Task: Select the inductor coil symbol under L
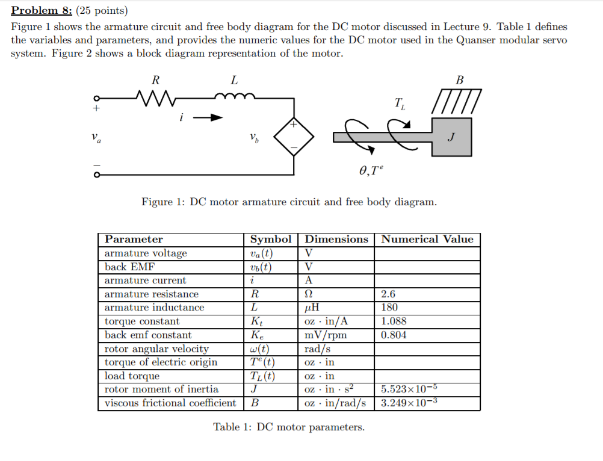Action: [234, 96]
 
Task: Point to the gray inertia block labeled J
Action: [451, 137]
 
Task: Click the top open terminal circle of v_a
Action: [95, 98]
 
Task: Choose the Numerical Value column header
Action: [427, 239]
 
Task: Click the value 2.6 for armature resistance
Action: [389, 294]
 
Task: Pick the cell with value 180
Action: [390, 308]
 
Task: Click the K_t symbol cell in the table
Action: [256, 321]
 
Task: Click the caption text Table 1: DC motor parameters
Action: [289, 427]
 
